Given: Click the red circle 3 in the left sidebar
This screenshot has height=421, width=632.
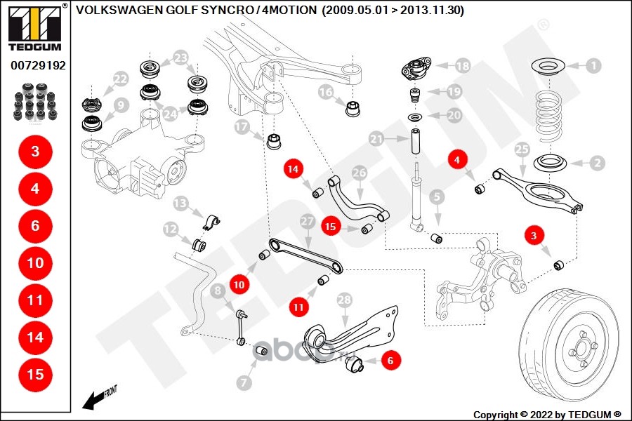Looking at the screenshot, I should coord(35,152).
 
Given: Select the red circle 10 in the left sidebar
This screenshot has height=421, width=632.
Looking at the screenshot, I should coord(35,263).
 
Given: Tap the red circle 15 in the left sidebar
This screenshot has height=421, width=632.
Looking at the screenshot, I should coord(35,374).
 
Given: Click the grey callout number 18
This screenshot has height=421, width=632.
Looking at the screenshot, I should coord(462,66).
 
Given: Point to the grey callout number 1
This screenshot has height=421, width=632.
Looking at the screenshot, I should coord(593,66).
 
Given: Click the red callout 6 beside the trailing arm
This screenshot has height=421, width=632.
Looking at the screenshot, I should coord(392,361).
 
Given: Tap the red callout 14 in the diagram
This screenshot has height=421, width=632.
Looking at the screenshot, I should coord(293,169).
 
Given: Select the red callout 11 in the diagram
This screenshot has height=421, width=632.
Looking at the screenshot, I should coord(299,305).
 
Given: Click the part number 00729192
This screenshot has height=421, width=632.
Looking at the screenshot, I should coord(38,65).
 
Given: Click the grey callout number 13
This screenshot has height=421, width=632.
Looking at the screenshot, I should coord(180,203).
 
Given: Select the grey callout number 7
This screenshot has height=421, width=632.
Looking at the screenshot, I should coord(244,383).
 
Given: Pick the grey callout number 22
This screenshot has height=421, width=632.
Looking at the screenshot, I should coord(120,79).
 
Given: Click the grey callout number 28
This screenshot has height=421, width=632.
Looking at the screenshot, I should coord(343,300).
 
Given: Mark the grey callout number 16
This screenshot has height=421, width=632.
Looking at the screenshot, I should coord(325,91).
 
